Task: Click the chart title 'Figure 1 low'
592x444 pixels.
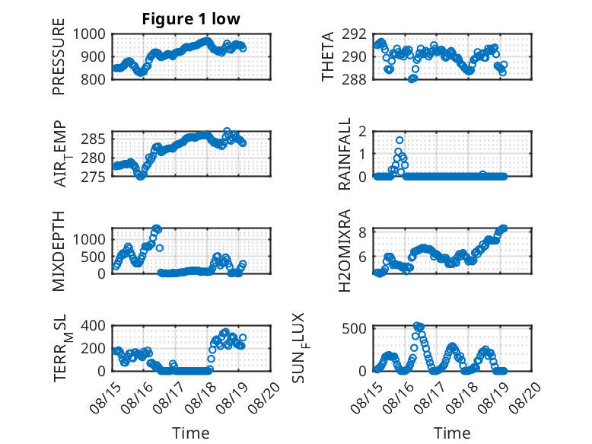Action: tap(191, 19)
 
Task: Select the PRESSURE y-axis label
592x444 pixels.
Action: tap(59, 56)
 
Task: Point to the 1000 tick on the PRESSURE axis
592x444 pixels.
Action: tap(89, 34)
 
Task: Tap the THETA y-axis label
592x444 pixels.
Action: tap(328, 56)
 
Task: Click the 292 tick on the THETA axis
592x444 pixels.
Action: tap(354, 34)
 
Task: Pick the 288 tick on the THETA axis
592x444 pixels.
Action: tap(354, 79)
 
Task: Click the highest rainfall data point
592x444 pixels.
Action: tap(399, 140)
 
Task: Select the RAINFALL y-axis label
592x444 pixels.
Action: tap(345, 154)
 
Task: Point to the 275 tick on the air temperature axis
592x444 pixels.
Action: tap(94, 177)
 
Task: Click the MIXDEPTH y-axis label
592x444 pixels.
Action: tap(59, 251)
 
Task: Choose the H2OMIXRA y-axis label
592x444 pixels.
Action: tap(345, 251)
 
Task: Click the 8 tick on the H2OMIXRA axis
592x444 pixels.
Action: tap(362, 232)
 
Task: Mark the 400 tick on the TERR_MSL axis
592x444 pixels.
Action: tap(94, 326)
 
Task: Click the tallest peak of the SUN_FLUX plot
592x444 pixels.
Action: tap(417, 326)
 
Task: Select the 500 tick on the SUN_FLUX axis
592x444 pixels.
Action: tap(354, 328)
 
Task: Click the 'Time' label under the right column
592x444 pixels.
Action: tap(452, 433)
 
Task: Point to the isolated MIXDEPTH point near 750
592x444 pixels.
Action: tap(160, 248)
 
